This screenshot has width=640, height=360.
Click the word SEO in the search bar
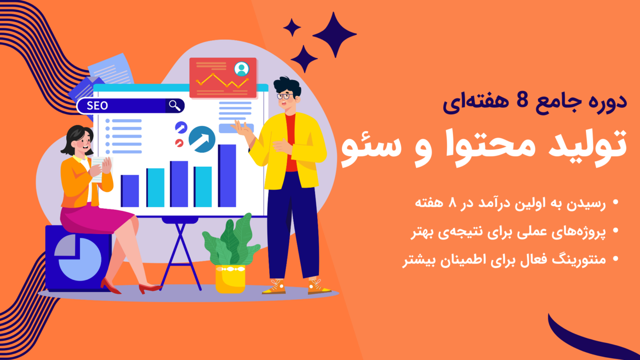coord(97,106)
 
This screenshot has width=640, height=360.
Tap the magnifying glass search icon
coord(175,106)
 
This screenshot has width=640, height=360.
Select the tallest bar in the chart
coord(227,175)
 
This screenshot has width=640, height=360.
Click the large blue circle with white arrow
coord(202,139)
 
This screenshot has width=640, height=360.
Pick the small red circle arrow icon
coord(179,143)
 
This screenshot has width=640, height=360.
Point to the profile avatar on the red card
coord(241,69)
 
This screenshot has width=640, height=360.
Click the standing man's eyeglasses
coord(285,96)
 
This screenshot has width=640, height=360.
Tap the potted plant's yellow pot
coord(230,279)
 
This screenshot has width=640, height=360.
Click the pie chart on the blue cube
coord(78,259)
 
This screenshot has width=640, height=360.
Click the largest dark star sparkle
coord(334,35)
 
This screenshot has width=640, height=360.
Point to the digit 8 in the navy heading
coord(522,101)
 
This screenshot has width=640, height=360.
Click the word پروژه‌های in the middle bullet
coord(581,232)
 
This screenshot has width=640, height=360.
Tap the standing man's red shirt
coord(291,143)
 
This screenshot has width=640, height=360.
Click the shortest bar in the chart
coord(130,191)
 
